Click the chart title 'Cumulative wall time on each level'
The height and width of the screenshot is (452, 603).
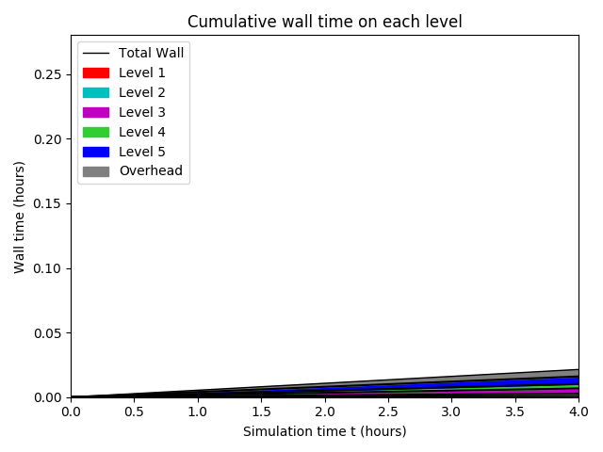point(324,22)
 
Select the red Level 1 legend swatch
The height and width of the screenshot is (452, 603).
point(95,73)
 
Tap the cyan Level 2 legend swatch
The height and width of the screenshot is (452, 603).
point(95,92)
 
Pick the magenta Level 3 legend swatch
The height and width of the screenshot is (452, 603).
point(95,112)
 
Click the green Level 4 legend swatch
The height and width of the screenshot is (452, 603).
point(95,132)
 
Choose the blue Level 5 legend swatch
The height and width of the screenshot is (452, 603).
point(95,152)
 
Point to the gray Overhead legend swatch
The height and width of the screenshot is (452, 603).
point(95,171)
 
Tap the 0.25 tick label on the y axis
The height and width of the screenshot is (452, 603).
point(49,74)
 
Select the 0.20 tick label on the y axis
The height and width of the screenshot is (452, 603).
point(49,139)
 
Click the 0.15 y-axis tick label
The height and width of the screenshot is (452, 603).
point(49,203)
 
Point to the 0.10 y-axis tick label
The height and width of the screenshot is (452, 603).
point(49,268)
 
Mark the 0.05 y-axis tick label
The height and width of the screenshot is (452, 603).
point(49,333)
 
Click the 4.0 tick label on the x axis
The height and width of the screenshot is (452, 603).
point(579,412)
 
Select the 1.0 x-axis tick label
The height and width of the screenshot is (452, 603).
point(197,412)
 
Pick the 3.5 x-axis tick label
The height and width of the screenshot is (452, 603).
point(515,412)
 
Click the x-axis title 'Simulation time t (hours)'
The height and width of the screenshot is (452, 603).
point(324,431)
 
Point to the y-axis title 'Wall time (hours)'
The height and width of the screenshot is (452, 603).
point(20,217)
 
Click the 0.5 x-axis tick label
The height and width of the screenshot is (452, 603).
point(134,412)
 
